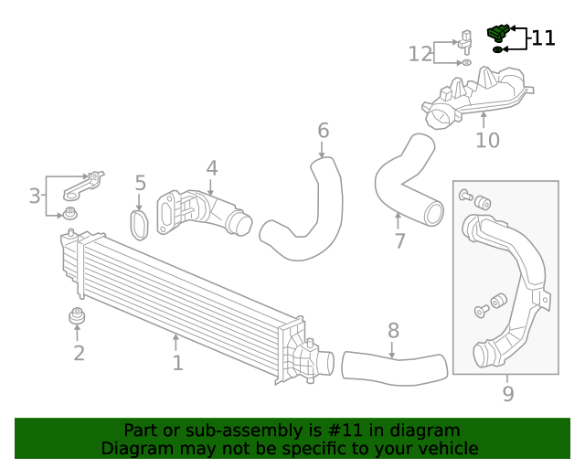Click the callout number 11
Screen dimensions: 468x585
(543, 38)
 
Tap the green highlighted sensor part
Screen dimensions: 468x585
(498, 33)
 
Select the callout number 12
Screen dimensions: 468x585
(420, 54)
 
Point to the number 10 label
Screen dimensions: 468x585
(487, 140)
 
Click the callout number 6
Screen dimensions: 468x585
(323, 131)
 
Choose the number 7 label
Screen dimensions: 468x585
(399, 241)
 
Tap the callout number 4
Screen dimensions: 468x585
(211, 168)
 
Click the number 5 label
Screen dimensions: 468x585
(140, 184)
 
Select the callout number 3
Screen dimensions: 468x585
(35, 196)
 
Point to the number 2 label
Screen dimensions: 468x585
(79, 353)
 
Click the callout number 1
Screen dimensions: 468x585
(177, 363)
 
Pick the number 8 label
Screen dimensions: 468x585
(393, 330)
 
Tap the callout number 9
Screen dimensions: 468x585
(508, 394)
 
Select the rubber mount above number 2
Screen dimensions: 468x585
(78, 317)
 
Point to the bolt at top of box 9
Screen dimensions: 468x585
(464, 195)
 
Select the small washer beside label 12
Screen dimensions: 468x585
(465, 64)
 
